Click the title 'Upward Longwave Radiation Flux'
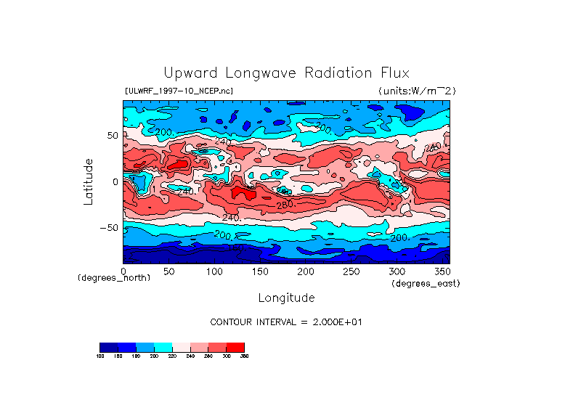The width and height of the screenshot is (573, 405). tap(287, 73)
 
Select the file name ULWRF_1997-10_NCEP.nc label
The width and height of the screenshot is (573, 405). tap(179, 91)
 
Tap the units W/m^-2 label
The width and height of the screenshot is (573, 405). tap(417, 91)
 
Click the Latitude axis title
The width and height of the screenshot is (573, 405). tap(89, 181)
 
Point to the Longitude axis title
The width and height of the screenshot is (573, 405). tap(286, 298)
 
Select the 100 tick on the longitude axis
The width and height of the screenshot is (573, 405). tap(214, 271)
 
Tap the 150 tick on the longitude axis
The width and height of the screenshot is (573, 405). tap(260, 271)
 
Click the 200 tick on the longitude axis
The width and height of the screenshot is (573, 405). tap(306, 271)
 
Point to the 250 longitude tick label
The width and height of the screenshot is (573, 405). tap(351, 271)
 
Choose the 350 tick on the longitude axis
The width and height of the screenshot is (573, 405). tap(442, 271)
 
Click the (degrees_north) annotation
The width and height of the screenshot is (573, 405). tap(114, 278)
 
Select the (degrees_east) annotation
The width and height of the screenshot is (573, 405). tap(426, 283)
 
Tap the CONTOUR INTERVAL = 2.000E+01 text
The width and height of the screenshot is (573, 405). tap(286, 322)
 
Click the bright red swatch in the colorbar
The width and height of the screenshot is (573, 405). tap(235, 348)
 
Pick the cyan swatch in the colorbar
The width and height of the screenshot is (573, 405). tap(163, 348)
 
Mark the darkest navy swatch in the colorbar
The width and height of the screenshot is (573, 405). tap(108, 348)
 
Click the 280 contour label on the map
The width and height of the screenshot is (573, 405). tap(284, 205)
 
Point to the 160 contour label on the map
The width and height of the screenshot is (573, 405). tap(236, 248)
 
